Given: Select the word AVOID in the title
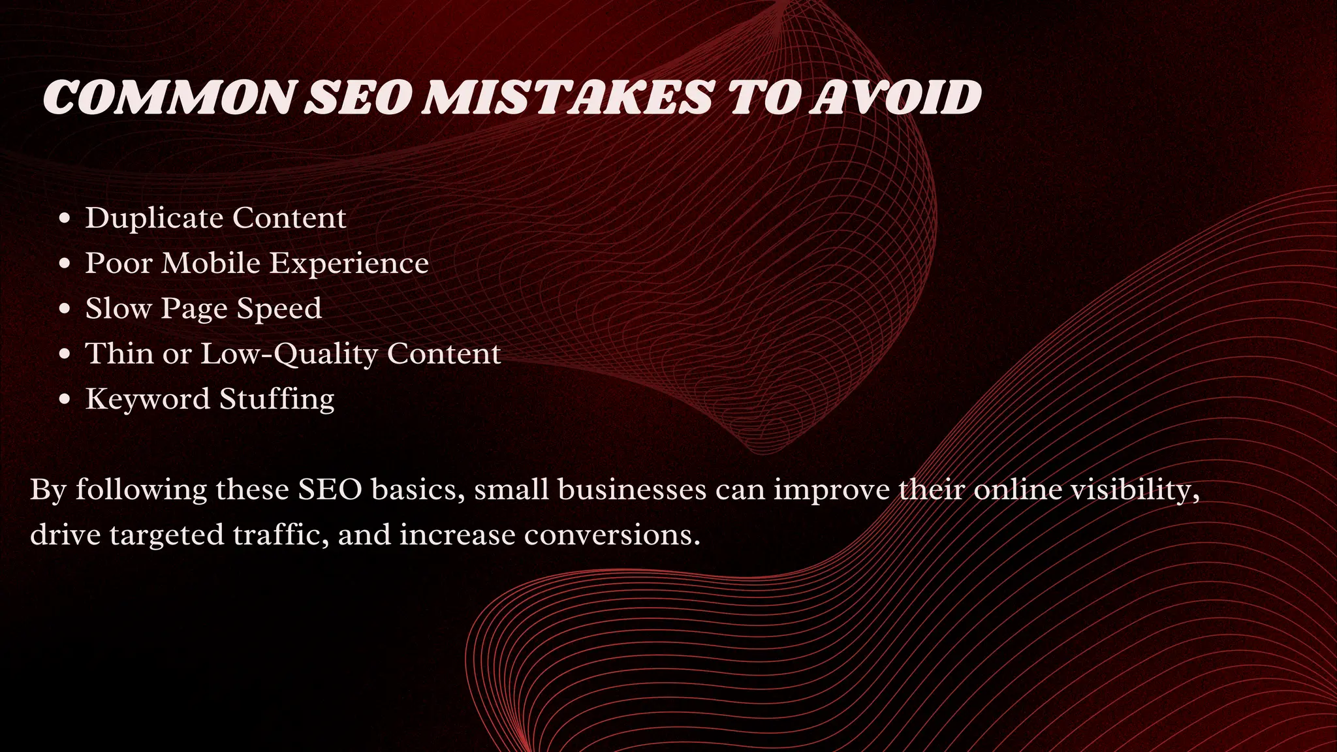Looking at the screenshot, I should coord(895,98).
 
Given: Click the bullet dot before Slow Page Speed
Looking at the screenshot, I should coord(64,309).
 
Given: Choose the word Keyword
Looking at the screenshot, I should coord(148,399).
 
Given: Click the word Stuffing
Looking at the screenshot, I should coord(277,399).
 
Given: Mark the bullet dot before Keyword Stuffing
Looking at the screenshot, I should coord(64,399).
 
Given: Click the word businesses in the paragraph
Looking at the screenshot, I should coord(632,490).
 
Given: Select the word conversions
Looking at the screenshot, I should coord(612,535).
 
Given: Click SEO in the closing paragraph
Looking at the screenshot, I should coord(330,490).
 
